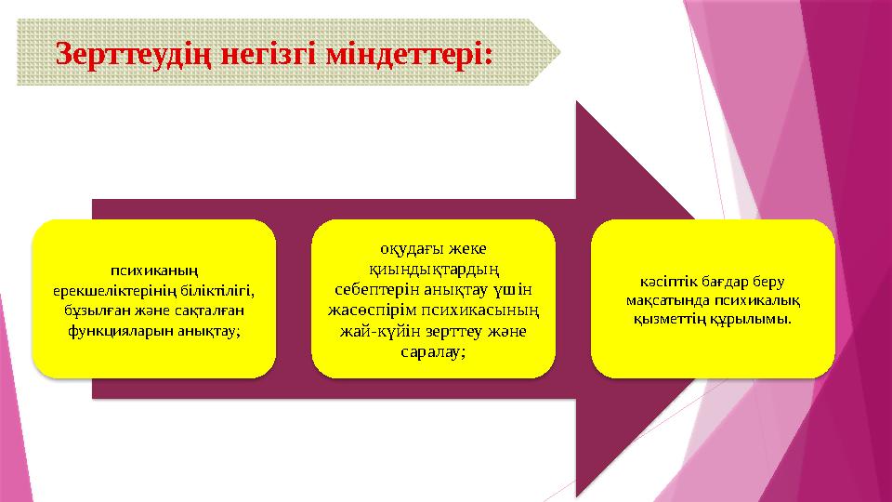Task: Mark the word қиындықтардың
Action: (x=434, y=269)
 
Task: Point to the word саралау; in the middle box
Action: (x=433, y=352)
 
